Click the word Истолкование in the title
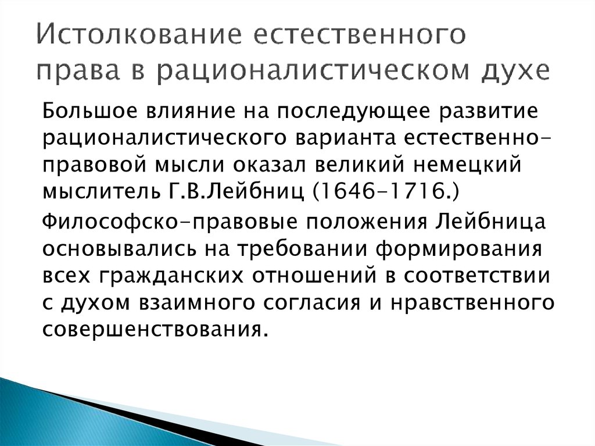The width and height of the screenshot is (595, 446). pyautogui.click(x=139, y=34)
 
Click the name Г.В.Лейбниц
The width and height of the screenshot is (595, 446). pyautogui.click(x=235, y=191)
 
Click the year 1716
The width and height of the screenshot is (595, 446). pyautogui.click(x=413, y=191)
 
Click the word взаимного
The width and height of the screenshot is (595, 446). pyautogui.click(x=196, y=303)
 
